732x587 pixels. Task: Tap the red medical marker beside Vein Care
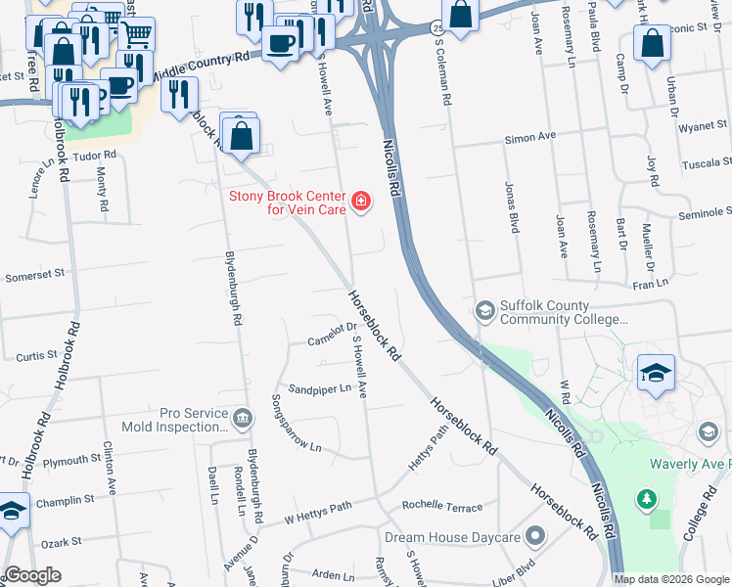coord(362,203)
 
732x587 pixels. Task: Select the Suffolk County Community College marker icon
coord(484,311)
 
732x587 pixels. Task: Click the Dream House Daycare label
coord(452,537)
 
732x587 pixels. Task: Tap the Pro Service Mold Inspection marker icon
coord(243,420)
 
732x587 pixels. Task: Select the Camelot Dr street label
coord(331,336)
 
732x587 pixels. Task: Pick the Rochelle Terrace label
coord(441,507)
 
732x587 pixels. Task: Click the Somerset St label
coord(34,275)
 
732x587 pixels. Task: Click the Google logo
coord(33,575)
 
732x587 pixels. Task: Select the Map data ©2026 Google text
coord(670,579)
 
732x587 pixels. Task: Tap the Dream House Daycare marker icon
coord(534,536)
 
